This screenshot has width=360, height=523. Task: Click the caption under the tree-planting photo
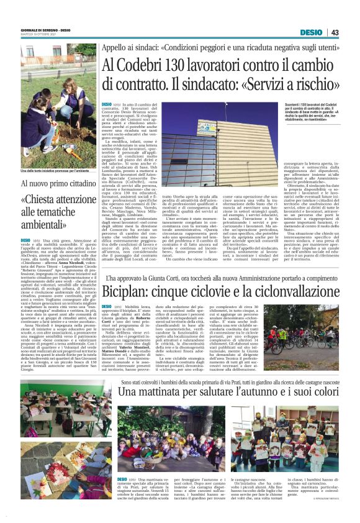tap(54, 171)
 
